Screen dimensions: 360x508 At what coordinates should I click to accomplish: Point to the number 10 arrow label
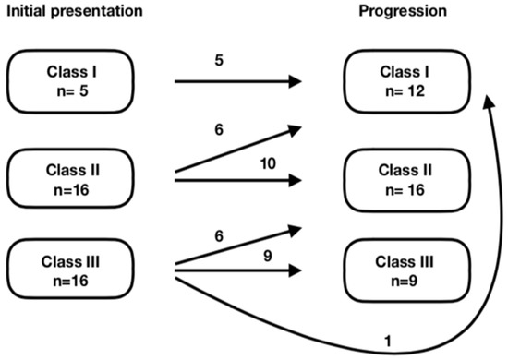coord(268,163)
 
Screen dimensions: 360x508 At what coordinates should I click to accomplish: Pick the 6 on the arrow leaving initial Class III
coord(218,237)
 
